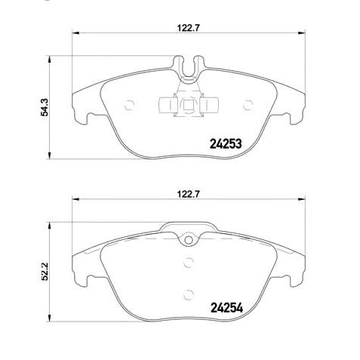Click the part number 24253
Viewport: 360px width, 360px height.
pyautogui.click(x=224, y=144)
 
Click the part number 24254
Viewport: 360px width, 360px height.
pyautogui.click(x=224, y=308)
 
